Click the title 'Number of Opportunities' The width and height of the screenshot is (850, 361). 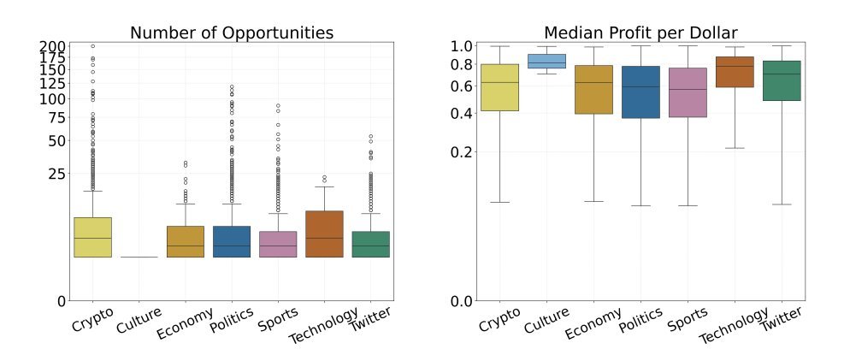(x=231, y=33)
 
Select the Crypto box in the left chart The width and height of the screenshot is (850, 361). (x=92, y=237)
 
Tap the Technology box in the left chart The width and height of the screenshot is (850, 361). (x=324, y=234)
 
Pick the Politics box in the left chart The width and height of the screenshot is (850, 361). (x=231, y=241)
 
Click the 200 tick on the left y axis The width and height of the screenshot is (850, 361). (x=53, y=46)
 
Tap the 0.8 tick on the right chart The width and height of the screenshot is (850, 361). (x=462, y=64)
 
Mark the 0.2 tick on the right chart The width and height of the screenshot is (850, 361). (x=462, y=152)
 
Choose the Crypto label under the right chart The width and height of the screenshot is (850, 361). (x=501, y=324)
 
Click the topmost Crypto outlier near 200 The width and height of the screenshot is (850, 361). (x=92, y=46)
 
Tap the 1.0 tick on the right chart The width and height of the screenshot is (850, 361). (x=462, y=46)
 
